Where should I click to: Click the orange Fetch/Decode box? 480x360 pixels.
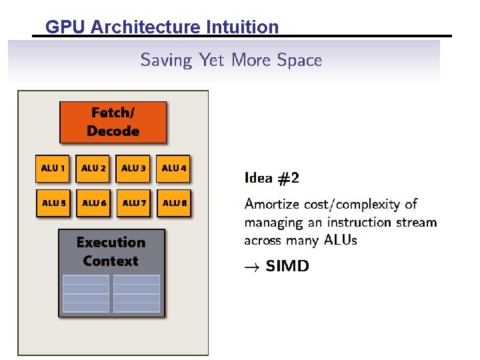point(113,122)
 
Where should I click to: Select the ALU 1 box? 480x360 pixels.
point(54,168)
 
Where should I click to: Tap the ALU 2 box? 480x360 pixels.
point(94,168)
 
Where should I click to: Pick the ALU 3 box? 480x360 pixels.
point(134,168)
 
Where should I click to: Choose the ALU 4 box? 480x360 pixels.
point(174,168)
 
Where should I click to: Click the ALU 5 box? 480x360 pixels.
point(54,203)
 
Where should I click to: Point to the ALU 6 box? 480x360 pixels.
point(94,203)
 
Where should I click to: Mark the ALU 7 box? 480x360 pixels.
point(134,203)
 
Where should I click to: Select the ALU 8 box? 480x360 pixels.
point(175,203)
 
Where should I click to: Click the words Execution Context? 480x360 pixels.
point(111,251)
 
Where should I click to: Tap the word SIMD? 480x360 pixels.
point(287,266)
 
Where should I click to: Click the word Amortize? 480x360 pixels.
point(273,204)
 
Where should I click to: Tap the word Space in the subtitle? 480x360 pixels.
point(299,61)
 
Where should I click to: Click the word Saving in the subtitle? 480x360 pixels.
point(166,61)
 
